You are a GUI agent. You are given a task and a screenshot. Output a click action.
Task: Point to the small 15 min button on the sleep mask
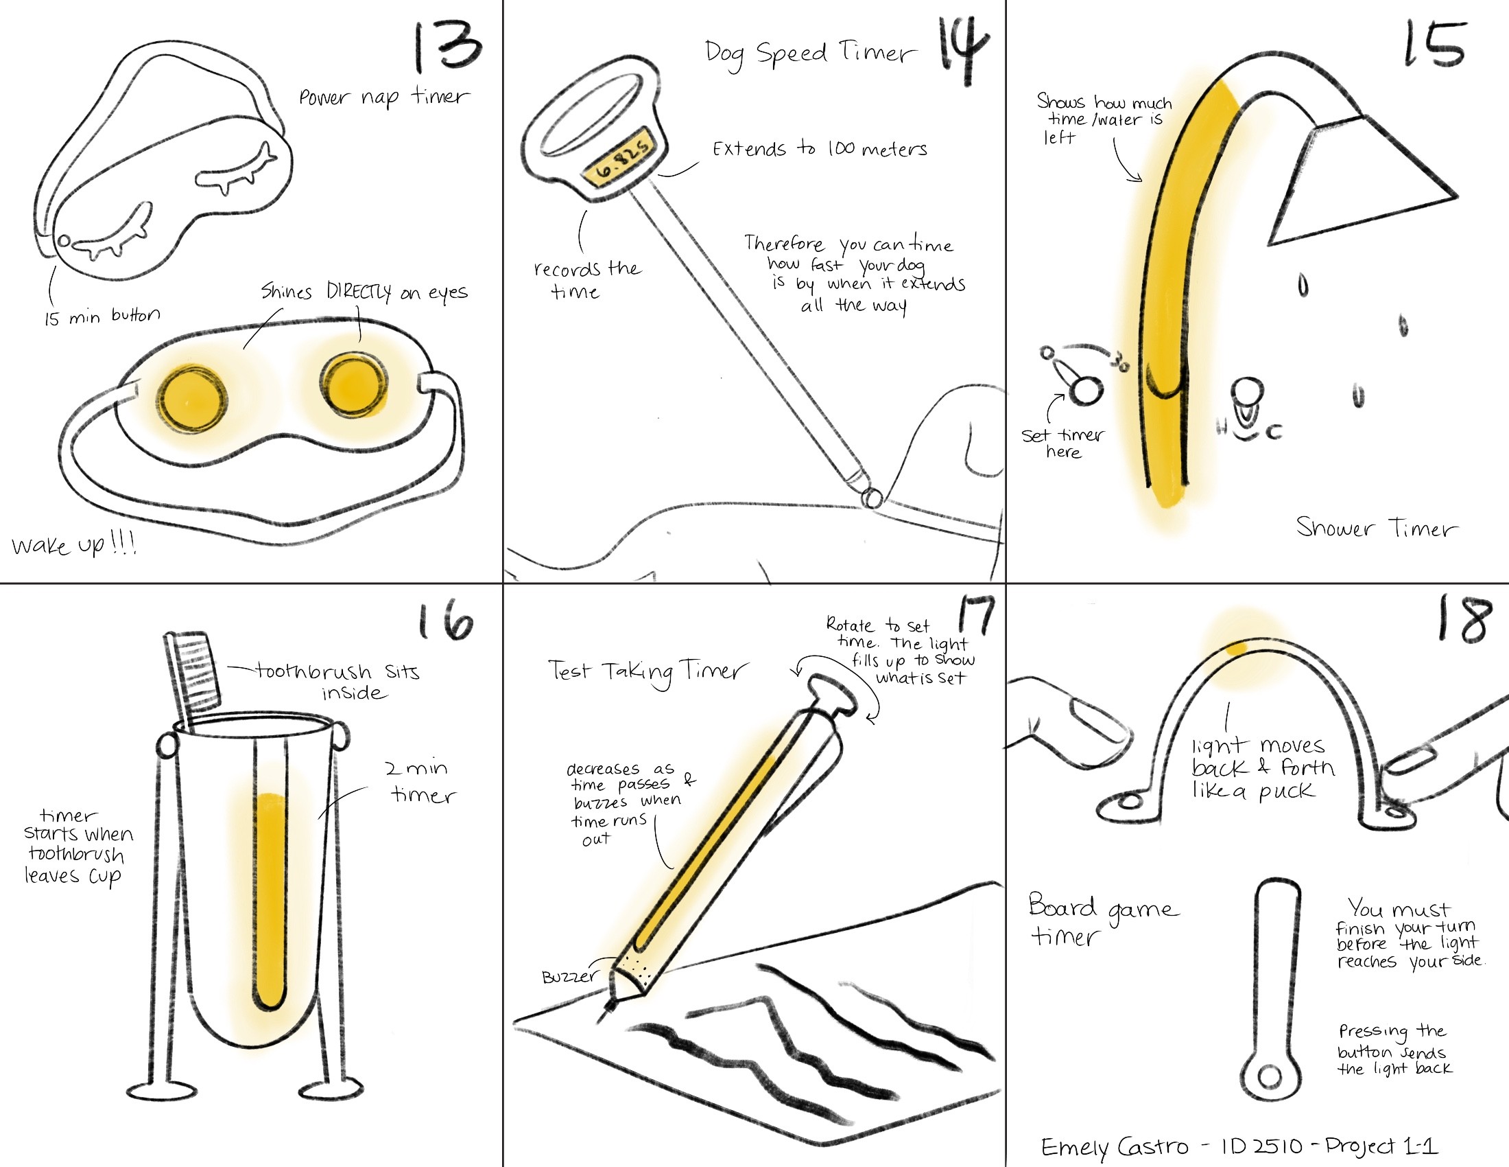coord(64,241)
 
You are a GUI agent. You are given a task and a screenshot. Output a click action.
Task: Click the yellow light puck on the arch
coord(1236,649)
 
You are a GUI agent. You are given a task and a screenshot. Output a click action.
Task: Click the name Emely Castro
coord(1115,1148)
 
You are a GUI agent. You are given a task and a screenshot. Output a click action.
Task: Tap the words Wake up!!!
coord(74,544)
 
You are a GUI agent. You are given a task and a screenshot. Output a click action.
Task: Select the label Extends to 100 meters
coord(820,149)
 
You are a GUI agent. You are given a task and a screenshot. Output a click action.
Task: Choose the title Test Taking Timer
coord(647,672)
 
